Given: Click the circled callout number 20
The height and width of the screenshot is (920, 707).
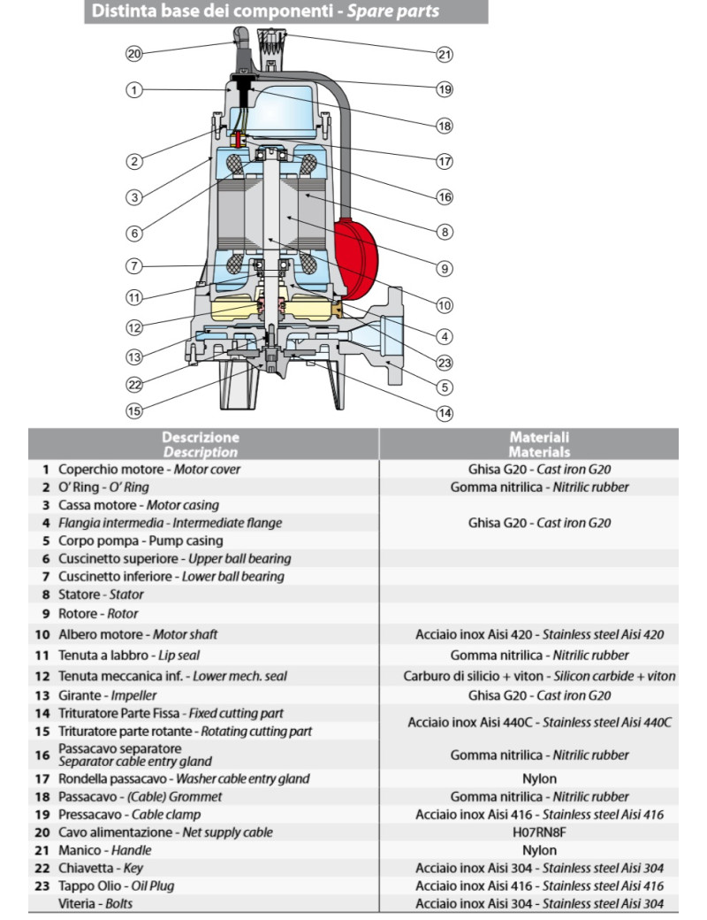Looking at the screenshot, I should tap(133, 54).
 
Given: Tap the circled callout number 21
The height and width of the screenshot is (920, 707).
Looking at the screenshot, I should tap(445, 54).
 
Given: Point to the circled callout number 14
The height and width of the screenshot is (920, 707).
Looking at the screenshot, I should tap(445, 412).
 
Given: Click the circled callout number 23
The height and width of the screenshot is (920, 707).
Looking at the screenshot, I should tap(445, 361).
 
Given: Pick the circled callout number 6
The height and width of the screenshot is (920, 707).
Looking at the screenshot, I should tap(133, 234).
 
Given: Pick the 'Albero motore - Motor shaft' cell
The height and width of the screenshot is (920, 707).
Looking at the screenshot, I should tap(138, 634).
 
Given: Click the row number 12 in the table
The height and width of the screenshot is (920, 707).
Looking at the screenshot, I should tap(42, 676).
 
